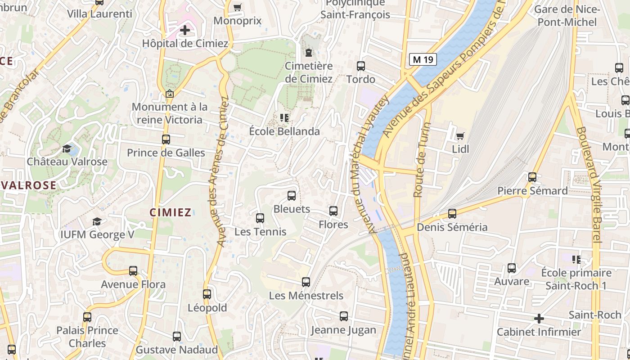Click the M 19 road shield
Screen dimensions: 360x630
(423, 59)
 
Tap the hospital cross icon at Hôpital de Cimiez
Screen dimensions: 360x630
(184, 31)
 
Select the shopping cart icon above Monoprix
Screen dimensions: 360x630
(237, 7)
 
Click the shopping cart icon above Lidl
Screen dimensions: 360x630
(460, 136)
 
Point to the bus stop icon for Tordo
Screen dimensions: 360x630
(360, 66)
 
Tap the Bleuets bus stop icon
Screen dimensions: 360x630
(292, 196)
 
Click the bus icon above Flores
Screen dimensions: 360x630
(333, 211)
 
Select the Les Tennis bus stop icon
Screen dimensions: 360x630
(260, 218)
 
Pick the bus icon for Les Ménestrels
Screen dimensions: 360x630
(306, 282)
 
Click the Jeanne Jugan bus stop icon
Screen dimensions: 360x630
(344, 316)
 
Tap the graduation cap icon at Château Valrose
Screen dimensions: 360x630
(67, 148)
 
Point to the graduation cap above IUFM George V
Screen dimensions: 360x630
(97, 221)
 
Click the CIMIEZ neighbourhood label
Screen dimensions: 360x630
(171, 213)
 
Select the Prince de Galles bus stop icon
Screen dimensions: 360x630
(166, 139)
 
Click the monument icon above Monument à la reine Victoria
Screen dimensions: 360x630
(170, 94)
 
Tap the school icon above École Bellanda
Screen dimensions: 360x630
(284, 118)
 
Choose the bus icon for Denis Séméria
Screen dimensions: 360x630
(452, 214)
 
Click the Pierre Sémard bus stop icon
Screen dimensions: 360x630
(532, 177)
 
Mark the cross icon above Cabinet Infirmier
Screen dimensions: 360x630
(539, 319)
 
